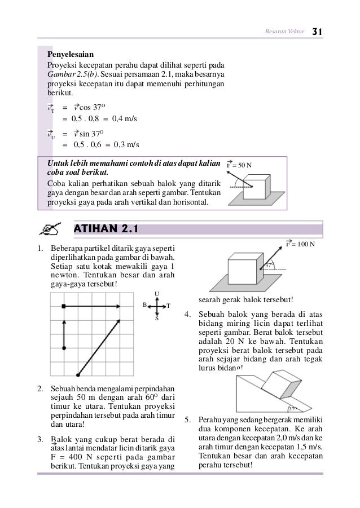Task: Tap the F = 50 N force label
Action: (x=239, y=165)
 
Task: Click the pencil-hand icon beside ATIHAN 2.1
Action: (x=52, y=229)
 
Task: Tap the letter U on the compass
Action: (x=156, y=293)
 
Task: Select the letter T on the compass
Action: (x=168, y=306)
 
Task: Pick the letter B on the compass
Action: (x=144, y=305)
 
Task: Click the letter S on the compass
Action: (x=156, y=318)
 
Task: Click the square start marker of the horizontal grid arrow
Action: (x=64, y=305)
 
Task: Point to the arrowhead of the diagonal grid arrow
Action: (x=120, y=320)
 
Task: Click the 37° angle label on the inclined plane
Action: (x=292, y=409)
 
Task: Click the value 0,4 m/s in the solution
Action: (x=125, y=120)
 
